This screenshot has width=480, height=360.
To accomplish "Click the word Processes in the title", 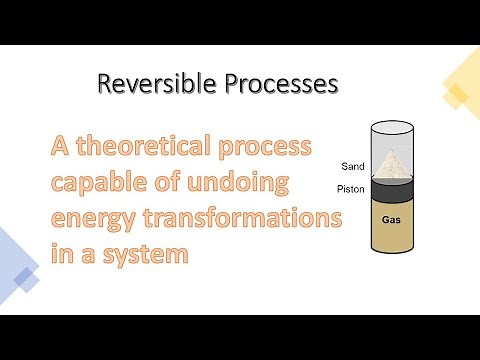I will tap(270, 85).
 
